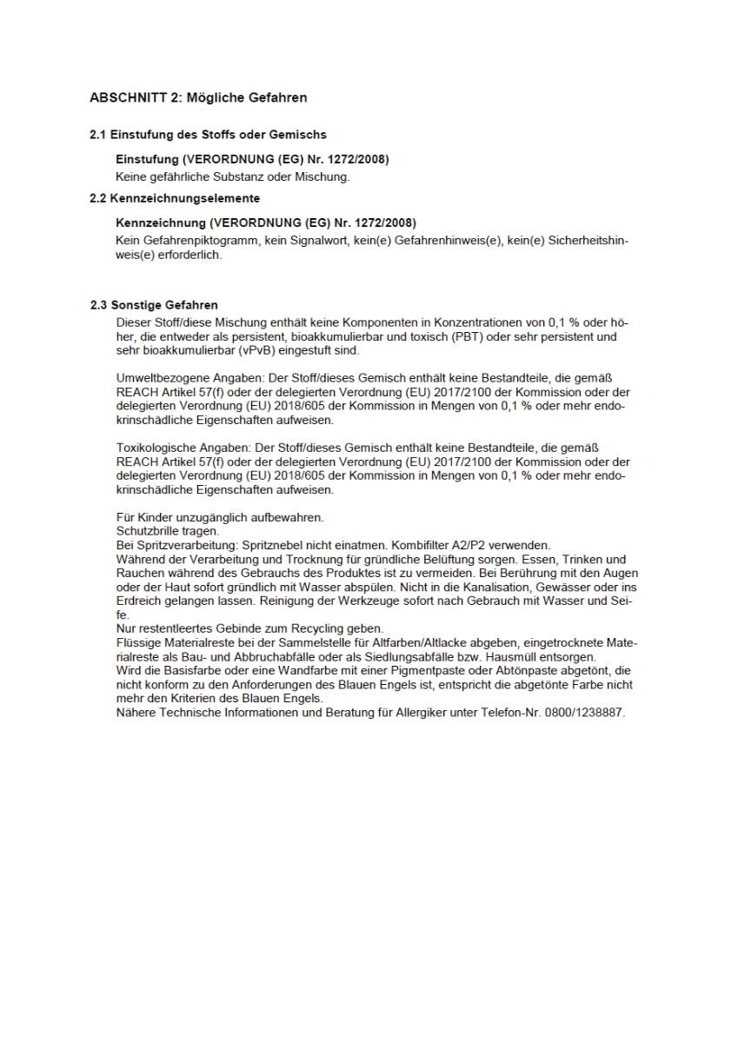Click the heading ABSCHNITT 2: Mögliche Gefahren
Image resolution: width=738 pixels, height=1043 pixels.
click(x=198, y=97)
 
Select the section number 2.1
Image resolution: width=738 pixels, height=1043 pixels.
click(x=98, y=135)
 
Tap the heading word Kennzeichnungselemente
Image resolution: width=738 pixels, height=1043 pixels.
click(x=185, y=198)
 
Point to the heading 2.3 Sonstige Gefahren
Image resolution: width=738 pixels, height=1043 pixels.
click(x=154, y=305)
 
